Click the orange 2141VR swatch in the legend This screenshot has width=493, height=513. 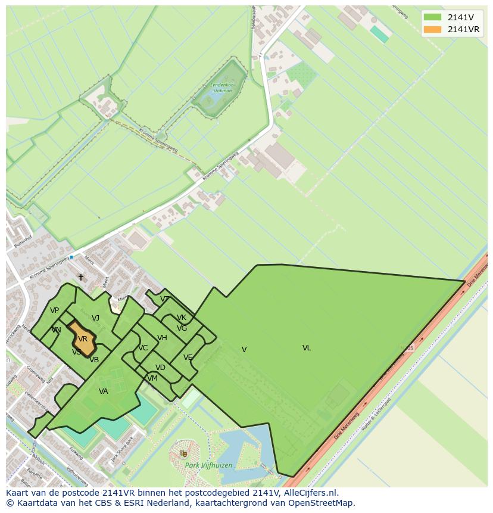(433, 30)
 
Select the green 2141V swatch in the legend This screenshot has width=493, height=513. (433, 17)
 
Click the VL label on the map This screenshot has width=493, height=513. (307, 348)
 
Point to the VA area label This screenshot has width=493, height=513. (104, 391)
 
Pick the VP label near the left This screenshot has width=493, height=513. (54, 310)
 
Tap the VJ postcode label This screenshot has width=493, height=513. (95, 318)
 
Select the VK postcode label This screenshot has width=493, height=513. (182, 318)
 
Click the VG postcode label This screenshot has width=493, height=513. (182, 328)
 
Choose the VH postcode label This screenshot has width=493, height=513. (162, 338)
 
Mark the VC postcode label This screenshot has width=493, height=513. (143, 348)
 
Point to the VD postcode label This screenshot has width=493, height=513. (160, 368)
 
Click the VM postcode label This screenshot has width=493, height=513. (152, 378)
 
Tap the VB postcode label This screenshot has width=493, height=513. (94, 360)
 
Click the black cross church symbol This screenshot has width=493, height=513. (81, 278)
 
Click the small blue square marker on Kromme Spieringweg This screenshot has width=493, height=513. (71, 257)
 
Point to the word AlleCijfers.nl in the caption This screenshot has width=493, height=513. (309, 493)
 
